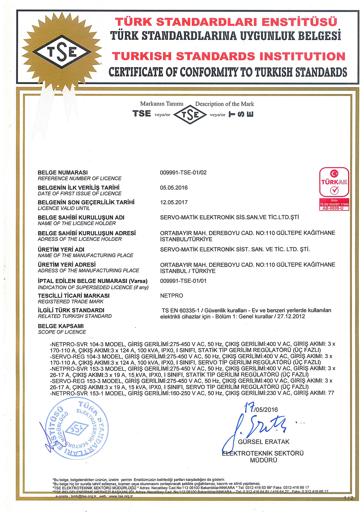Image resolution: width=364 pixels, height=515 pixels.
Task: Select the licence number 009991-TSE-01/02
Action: tap(183, 172)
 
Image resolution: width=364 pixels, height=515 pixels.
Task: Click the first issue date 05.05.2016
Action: tap(174, 188)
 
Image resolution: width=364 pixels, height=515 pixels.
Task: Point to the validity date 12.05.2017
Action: tap(174, 202)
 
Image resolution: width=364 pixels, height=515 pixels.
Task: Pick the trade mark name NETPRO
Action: tap(172, 296)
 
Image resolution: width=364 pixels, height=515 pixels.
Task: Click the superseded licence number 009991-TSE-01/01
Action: tap(183, 281)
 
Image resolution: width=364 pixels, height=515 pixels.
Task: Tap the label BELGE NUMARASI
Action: tap(63, 172)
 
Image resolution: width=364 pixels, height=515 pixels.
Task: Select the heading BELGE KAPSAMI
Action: tap(61, 326)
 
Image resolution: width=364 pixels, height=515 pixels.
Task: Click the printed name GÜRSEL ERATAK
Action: tap(264, 442)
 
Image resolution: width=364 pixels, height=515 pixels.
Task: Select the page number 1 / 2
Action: tap(349, 498)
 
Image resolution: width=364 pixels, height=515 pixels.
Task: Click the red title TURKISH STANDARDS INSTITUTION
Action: tap(229, 56)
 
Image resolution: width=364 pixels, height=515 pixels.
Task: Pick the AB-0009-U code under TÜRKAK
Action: tap(334, 208)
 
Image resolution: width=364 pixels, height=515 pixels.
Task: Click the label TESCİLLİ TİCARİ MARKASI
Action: tap(74, 296)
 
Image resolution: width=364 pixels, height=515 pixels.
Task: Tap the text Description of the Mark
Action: tap(224, 104)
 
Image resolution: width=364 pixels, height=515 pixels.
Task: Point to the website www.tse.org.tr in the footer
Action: tap(121, 496)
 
